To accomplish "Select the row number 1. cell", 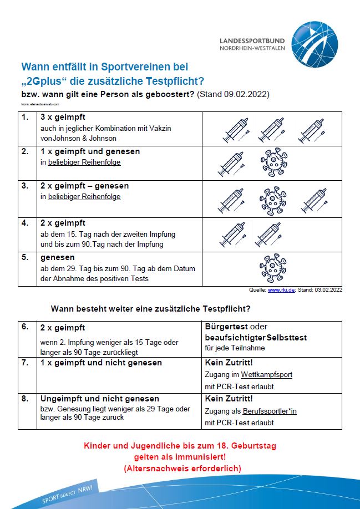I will pyautogui.click(x=25, y=118).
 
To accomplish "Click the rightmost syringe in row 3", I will pyautogui.click(x=314, y=200).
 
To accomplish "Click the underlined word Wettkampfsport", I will pyautogui.click(x=266, y=375).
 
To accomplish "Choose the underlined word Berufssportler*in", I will pyautogui.click(x=270, y=411).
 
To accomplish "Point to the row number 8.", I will pyautogui.click(x=25, y=399).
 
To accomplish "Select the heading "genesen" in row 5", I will pyautogui.click(x=57, y=258).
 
